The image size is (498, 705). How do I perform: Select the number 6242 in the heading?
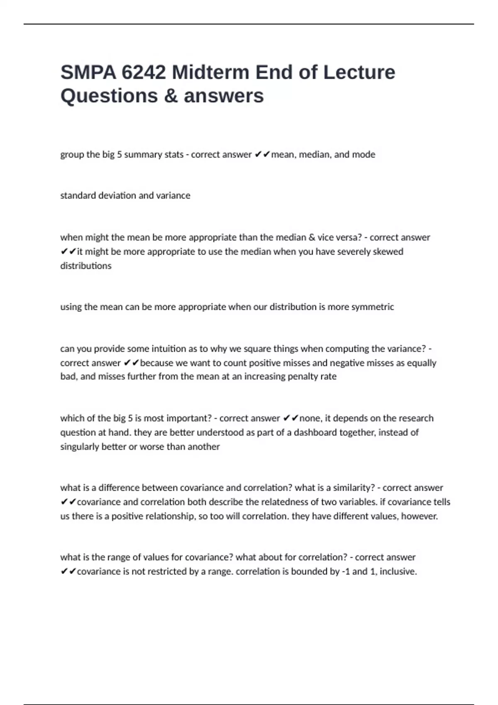pyautogui.click(x=144, y=73)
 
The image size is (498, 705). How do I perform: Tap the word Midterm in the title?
pyautogui.click(x=210, y=73)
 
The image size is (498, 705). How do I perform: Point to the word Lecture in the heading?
pyautogui.click(x=359, y=73)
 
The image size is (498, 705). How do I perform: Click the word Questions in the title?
pyautogui.click(x=109, y=96)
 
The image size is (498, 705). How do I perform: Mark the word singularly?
pyautogui.click(x=79, y=447)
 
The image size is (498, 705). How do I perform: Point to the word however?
pyautogui.click(x=419, y=516)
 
